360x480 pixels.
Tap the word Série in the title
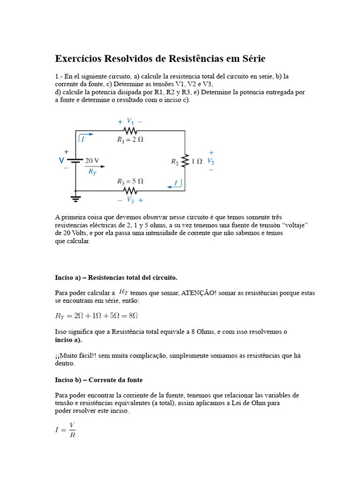point(252,59)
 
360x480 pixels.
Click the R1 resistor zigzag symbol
point(130,131)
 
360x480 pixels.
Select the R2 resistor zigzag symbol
point(185,161)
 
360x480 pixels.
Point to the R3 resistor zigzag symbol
point(130,190)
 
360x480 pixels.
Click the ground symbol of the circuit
point(75,198)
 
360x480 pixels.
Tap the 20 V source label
point(92,160)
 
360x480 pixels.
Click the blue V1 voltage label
point(130,121)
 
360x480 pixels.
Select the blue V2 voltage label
point(211,161)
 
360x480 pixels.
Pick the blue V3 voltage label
point(130,200)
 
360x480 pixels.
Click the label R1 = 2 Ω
point(130,139)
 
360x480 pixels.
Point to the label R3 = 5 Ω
point(130,181)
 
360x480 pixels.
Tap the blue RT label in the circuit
point(92,172)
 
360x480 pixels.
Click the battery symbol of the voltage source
point(75,161)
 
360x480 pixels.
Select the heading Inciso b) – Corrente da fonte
point(99,380)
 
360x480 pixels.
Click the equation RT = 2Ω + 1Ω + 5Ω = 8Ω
point(97,316)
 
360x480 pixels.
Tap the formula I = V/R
point(65,430)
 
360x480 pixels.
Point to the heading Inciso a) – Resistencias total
point(116,277)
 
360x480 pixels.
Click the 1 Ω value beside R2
point(197,161)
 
